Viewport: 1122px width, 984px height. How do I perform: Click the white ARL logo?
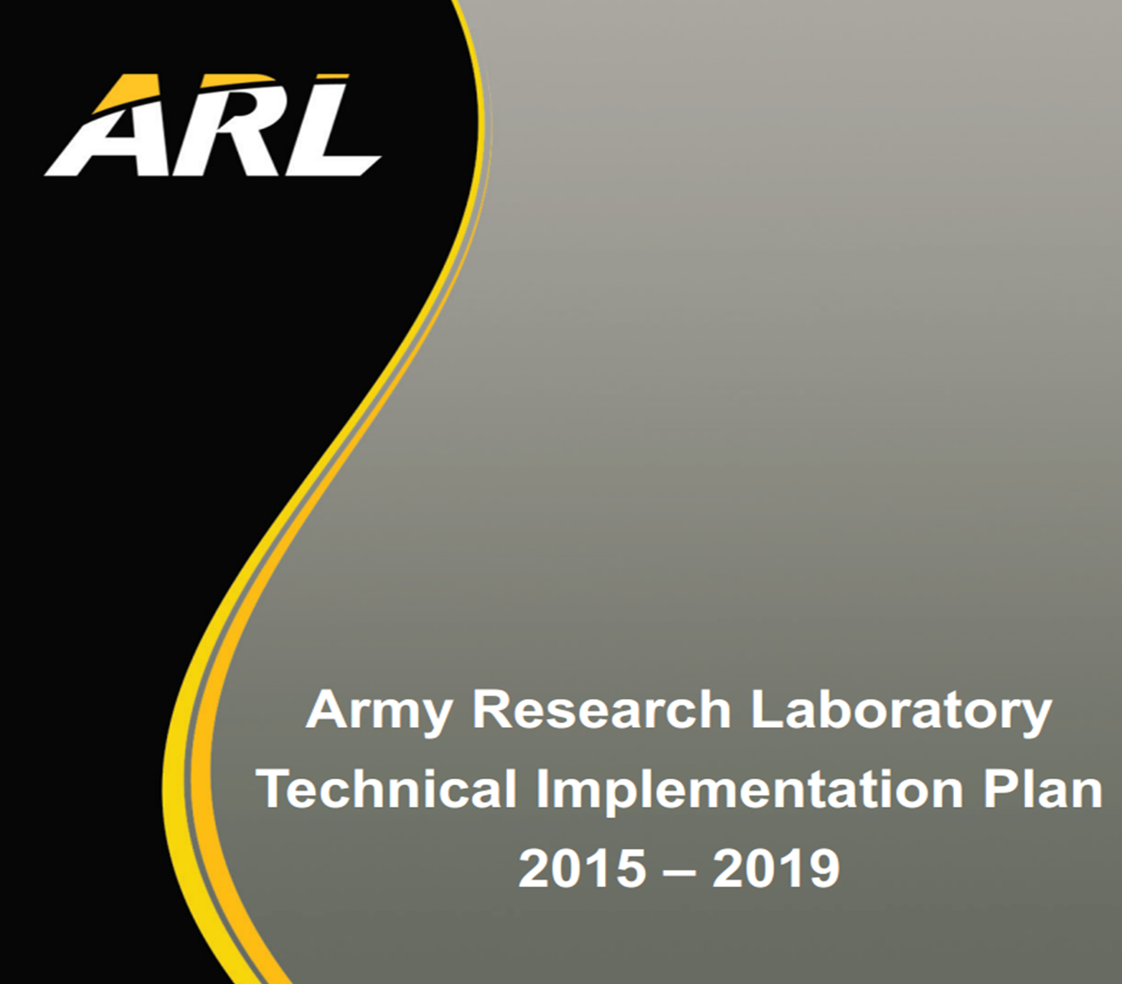pyautogui.click(x=213, y=126)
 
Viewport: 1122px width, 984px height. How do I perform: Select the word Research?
pyautogui.click(x=602, y=709)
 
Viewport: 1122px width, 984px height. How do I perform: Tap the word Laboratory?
pyautogui.click(x=901, y=712)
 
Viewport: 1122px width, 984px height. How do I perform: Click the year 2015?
pyautogui.click(x=582, y=868)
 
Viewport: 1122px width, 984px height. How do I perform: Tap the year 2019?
pyautogui.click(x=776, y=868)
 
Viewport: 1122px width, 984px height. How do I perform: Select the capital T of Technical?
pyautogui.click(x=275, y=788)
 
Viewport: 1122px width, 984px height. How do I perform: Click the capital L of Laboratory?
pyautogui.click(x=767, y=709)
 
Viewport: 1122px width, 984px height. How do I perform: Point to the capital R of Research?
pyautogui.click(x=492, y=709)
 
